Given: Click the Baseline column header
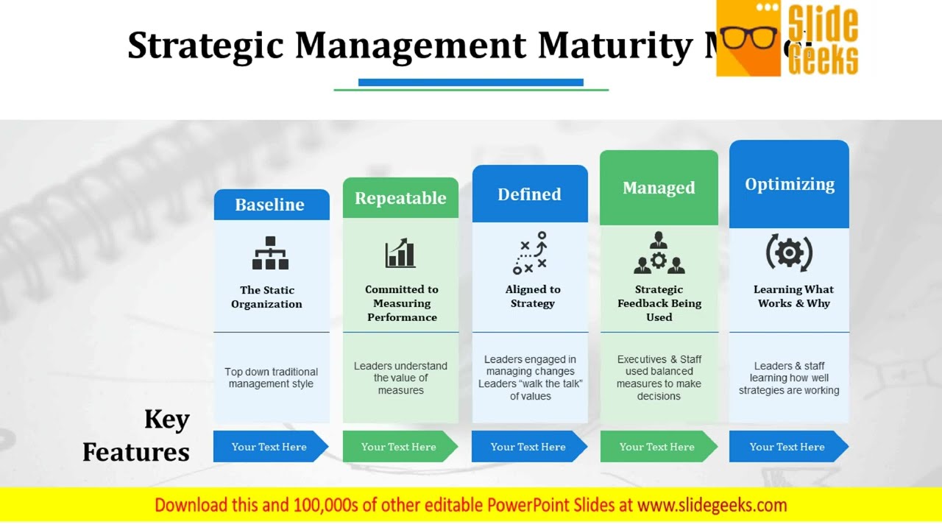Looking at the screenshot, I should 270,205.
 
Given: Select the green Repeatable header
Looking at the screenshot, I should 400,198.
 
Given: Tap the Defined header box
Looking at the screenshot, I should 529,194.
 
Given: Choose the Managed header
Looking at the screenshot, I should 659,188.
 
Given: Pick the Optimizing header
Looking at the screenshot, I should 789,184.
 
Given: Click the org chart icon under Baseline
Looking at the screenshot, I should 270,252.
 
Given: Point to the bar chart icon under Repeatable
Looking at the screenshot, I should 400,252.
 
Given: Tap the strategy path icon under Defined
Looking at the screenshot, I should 530,252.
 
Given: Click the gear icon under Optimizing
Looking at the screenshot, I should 789,253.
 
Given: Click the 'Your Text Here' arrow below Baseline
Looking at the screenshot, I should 269,447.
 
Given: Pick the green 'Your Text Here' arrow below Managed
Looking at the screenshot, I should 657,447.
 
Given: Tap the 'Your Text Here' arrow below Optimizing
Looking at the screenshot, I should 787,447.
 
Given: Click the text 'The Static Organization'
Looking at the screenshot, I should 266,297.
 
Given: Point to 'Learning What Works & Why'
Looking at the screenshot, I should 793,296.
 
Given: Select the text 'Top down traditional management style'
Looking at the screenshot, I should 271,378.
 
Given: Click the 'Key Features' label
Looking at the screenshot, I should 137,435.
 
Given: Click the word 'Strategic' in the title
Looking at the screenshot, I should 205,46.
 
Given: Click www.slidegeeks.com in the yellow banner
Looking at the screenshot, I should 712,505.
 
